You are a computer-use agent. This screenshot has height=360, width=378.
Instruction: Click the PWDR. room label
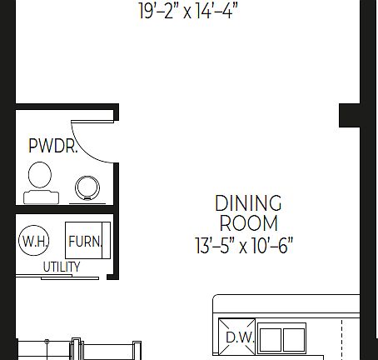[53, 147]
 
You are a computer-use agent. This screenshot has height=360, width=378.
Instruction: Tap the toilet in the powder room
[40, 177]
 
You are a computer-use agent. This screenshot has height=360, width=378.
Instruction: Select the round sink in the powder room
[87, 188]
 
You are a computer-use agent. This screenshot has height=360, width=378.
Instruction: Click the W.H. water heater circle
[33, 242]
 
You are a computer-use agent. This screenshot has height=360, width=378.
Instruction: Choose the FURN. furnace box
[85, 242]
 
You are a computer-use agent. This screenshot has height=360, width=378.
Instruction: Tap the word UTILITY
[62, 267]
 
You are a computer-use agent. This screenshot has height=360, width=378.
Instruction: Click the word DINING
[248, 203]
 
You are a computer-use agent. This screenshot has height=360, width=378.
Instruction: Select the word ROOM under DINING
[248, 223]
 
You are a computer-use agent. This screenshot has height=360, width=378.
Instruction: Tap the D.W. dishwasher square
[237, 338]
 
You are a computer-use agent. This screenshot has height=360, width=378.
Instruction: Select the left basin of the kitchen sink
[271, 339]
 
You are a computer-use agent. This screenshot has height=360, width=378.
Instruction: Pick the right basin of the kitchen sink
[294, 339]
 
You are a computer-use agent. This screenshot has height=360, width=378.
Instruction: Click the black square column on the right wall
[349, 115]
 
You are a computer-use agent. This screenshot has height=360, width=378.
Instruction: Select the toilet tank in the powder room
[41, 197]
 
